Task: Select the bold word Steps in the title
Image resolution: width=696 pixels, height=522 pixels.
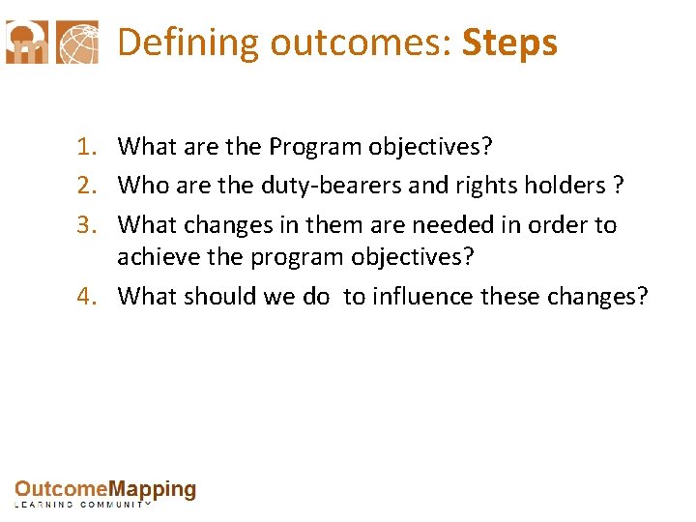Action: (509, 43)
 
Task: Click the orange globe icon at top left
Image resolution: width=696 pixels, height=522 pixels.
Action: (77, 43)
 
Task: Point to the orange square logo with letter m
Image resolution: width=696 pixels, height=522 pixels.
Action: (26, 43)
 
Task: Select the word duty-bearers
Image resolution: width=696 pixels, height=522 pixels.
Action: (323, 186)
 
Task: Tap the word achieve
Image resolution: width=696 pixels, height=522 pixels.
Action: (157, 257)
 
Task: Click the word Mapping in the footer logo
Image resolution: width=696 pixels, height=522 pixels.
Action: (152, 490)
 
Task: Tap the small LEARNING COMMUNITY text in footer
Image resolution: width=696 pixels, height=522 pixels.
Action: (82, 506)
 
